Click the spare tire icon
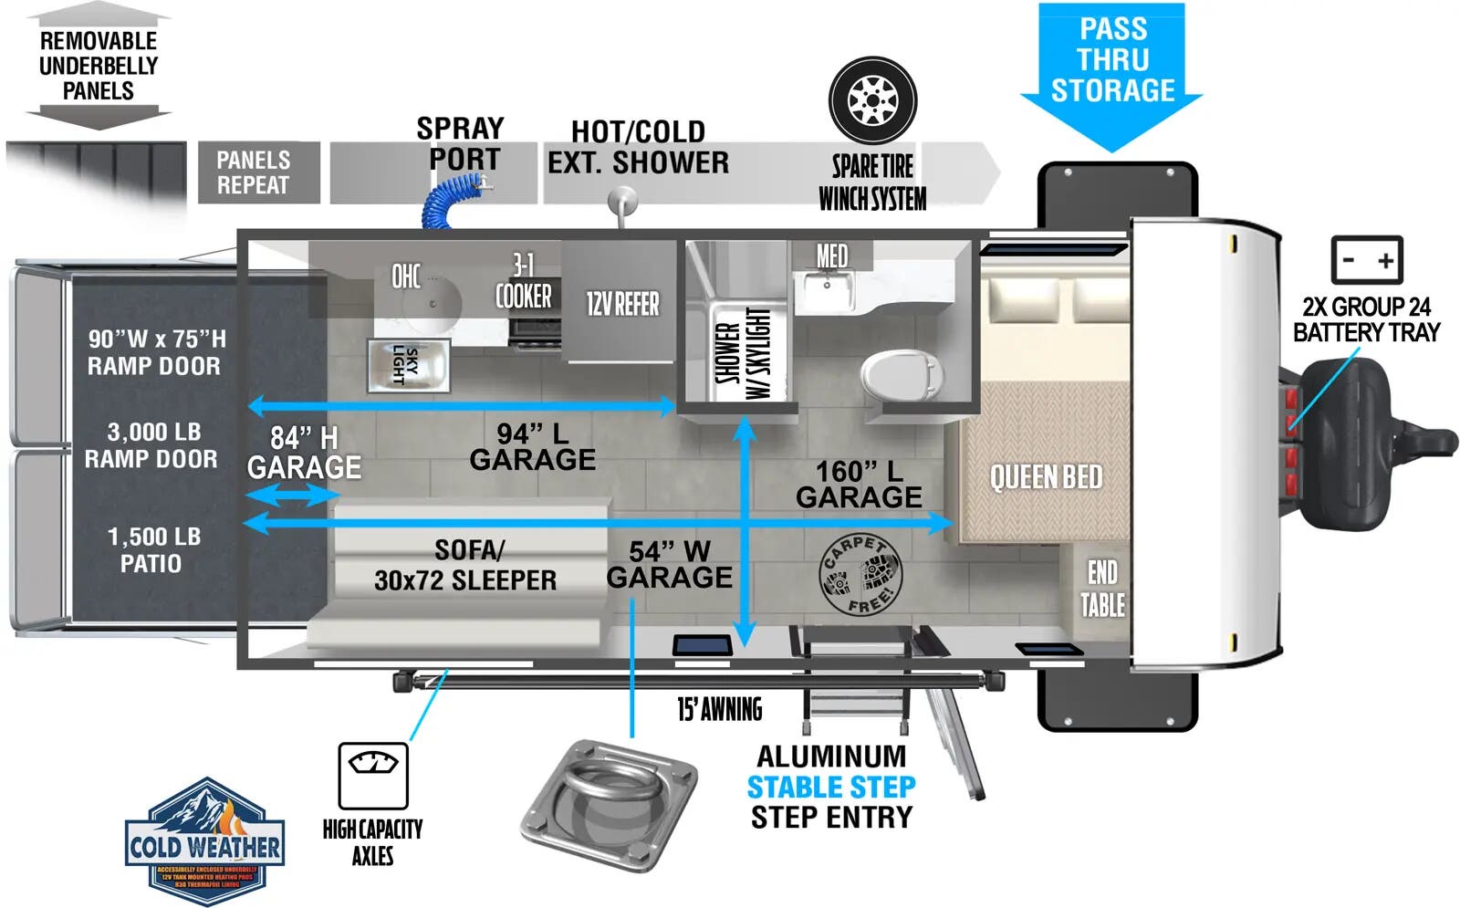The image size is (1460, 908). coord(872,99)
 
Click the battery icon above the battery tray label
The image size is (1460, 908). coord(1366,260)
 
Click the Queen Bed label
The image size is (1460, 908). coord(1046,476)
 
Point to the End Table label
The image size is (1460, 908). coord(1102,588)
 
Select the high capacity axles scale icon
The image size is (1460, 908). coord(372,775)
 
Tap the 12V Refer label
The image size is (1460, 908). coord(622,304)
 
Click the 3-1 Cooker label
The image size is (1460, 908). coord(523,282)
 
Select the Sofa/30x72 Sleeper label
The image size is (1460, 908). coord(465,565)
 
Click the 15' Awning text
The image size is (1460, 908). coord(719,709)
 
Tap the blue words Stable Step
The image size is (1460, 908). coord(830,787)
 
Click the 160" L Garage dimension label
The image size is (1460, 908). coord(859,484)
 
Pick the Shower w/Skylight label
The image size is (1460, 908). coord(744,353)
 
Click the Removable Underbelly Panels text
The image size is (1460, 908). coord(99,66)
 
